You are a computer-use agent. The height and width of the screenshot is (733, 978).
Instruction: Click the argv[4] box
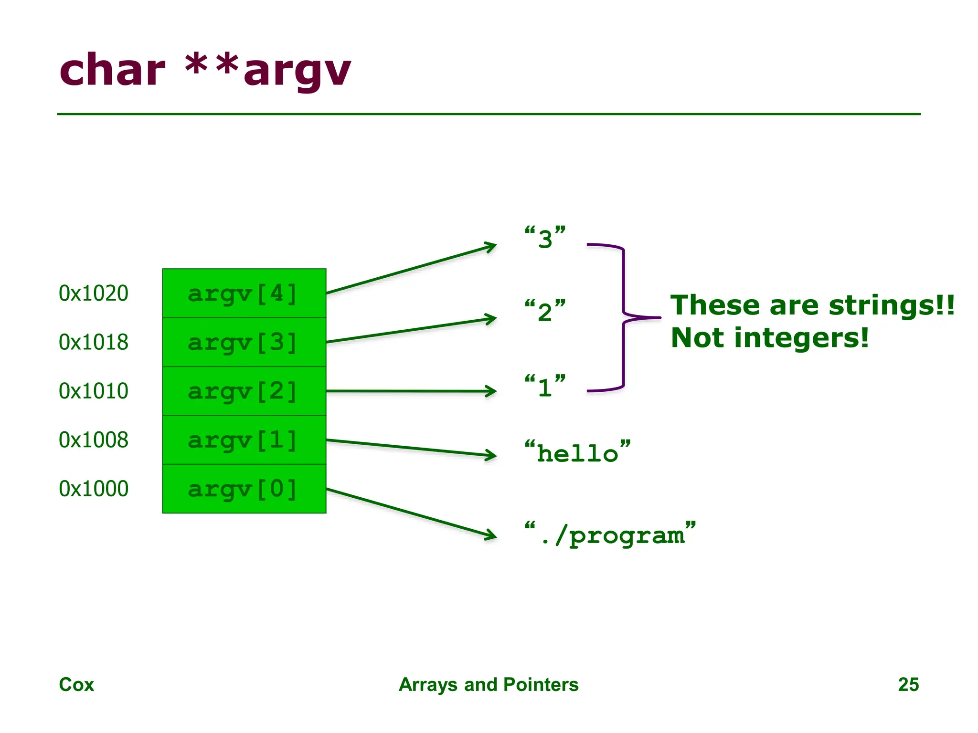click(244, 293)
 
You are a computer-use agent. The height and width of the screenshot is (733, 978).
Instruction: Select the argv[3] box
click(244, 342)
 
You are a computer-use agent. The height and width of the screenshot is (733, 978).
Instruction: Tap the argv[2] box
click(244, 391)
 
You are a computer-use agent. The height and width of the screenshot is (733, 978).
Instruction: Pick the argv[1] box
click(244, 440)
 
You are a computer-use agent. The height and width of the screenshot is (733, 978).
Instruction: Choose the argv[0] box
click(244, 489)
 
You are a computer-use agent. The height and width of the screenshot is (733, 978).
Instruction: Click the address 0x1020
click(94, 293)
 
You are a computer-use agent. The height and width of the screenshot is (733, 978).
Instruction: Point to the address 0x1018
click(94, 342)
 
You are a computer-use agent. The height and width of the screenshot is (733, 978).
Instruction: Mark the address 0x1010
click(94, 391)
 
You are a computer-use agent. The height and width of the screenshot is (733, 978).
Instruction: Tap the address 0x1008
click(94, 440)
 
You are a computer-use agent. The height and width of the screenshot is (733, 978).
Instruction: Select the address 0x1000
click(94, 489)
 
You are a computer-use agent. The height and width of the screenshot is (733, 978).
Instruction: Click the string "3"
click(545, 238)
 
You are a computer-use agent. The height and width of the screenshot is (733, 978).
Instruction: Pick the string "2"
click(545, 311)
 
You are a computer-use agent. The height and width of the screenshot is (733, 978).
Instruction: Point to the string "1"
click(545, 386)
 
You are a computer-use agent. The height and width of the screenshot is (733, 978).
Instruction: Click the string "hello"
click(577, 452)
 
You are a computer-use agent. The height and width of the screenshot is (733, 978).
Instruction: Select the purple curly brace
click(624, 317)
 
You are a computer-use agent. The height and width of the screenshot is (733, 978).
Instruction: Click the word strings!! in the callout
click(891, 305)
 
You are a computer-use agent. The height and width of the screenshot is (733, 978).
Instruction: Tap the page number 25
click(908, 684)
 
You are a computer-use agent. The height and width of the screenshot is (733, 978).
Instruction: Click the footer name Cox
click(76, 684)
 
